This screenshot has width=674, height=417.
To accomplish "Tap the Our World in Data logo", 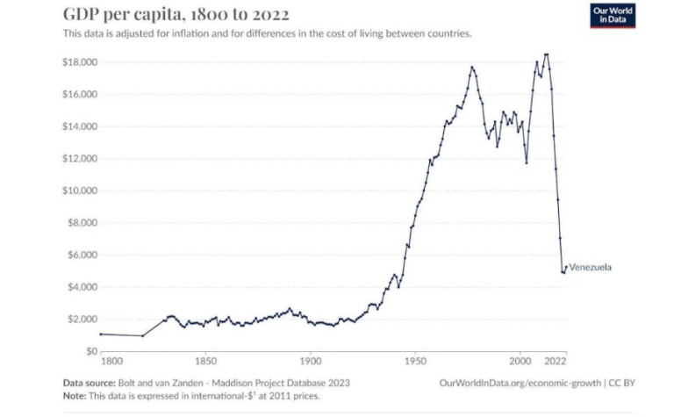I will coord(611,15).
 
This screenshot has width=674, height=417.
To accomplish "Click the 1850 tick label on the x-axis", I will coord(205,361).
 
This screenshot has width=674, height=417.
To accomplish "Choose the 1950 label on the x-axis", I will coord(415,361).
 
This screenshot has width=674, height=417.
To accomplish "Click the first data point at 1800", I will coord(101,334).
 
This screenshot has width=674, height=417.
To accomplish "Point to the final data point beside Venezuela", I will coord(566,267).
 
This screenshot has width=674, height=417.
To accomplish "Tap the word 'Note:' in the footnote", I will coord(75,396).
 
